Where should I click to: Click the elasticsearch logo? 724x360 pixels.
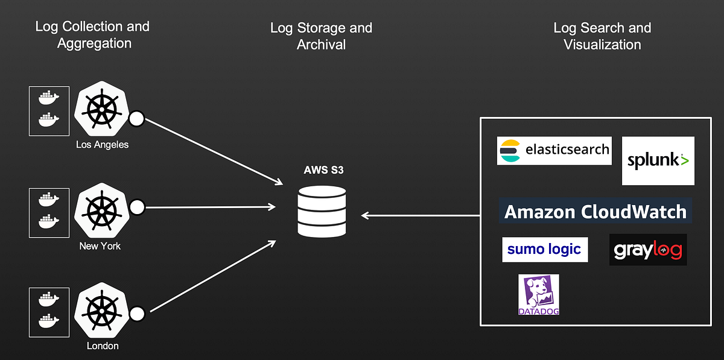click(x=554, y=151)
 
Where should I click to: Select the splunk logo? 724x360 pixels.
click(x=658, y=160)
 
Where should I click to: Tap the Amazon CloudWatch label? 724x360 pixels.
click(x=595, y=212)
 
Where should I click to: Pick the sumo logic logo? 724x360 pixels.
click(x=544, y=249)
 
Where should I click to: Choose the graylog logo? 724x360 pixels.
click(x=648, y=250)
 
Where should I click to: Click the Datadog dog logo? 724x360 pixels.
click(x=538, y=295)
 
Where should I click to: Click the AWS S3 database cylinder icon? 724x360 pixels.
click(x=322, y=211)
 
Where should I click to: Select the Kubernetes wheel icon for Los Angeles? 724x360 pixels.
click(x=101, y=110)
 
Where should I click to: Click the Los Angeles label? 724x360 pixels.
click(x=102, y=145)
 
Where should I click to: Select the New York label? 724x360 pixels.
click(x=100, y=246)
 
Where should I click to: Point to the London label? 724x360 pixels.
click(x=102, y=346)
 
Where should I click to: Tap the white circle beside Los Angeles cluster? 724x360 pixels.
click(x=137, y=118)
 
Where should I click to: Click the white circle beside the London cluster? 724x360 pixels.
click(x=137, y=314)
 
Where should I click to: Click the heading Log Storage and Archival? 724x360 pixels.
click(x=321, y=36)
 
